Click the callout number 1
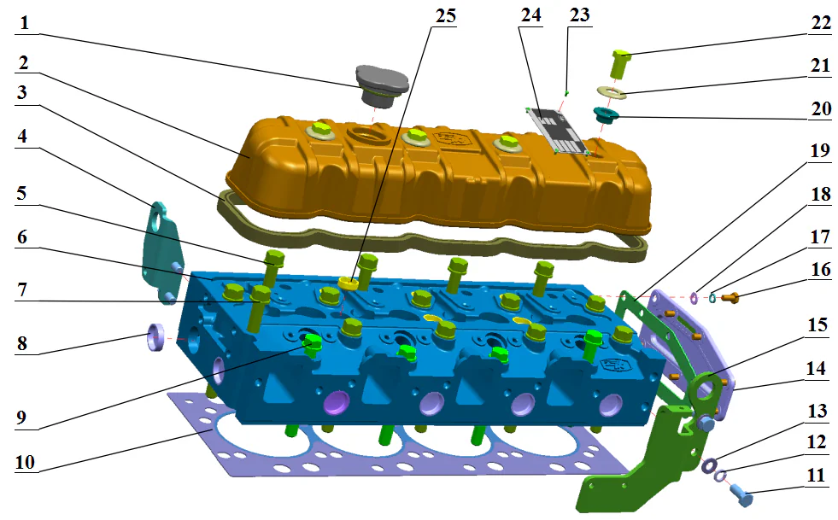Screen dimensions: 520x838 click(x=25, y=24)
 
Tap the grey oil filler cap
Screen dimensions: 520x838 click(x=380, y=81)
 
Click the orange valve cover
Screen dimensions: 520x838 click(x=444, y=171)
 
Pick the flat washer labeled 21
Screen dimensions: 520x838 click(x=612, y=91)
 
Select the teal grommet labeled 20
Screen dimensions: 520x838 click(x=607, y=113)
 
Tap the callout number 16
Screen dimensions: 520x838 click(x=818, y=268)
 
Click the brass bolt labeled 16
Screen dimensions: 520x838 click(x=731, y=297)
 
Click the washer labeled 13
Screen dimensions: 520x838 click(x=708, y=465)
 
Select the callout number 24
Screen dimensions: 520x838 click(x=530, y=16)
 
